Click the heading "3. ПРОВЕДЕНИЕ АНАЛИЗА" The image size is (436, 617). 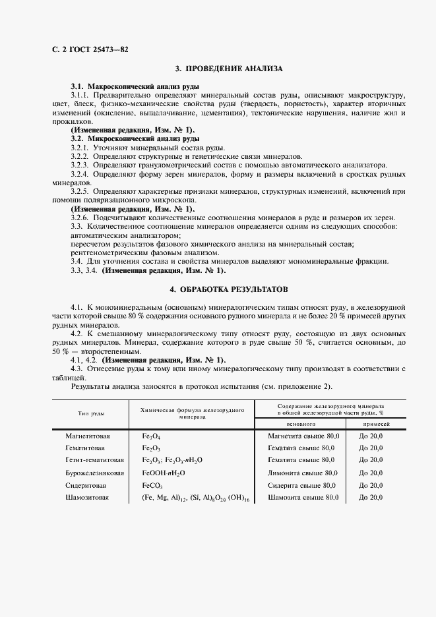229,69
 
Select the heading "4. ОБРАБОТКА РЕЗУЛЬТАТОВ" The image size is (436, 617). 229,289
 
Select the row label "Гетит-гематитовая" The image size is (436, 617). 95,460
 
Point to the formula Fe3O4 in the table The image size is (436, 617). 151,437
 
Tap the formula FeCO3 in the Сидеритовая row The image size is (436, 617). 152,485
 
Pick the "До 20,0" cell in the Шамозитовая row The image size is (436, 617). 371,497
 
